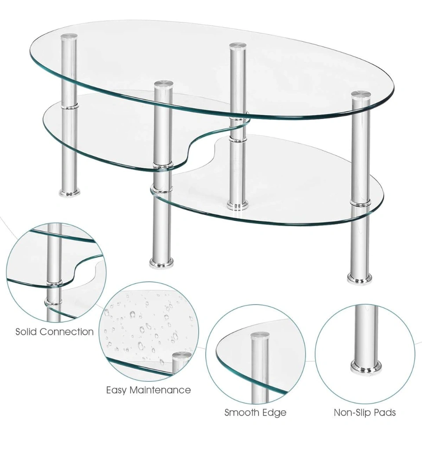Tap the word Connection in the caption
pos(66,332)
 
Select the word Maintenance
pos(160,390)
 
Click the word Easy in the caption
pos(116,391)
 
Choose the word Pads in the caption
pos(383,412)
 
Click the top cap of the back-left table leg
pos(69,37)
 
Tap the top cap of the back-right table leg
pos(238,46)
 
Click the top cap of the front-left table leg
pos(163,83)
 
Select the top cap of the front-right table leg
pos(361,94)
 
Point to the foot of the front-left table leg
pos(161,263)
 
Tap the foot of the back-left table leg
pos(69,193)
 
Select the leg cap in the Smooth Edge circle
pos(260,335)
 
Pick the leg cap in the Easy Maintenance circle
pos(182,355)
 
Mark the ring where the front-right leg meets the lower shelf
pos(360,202)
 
